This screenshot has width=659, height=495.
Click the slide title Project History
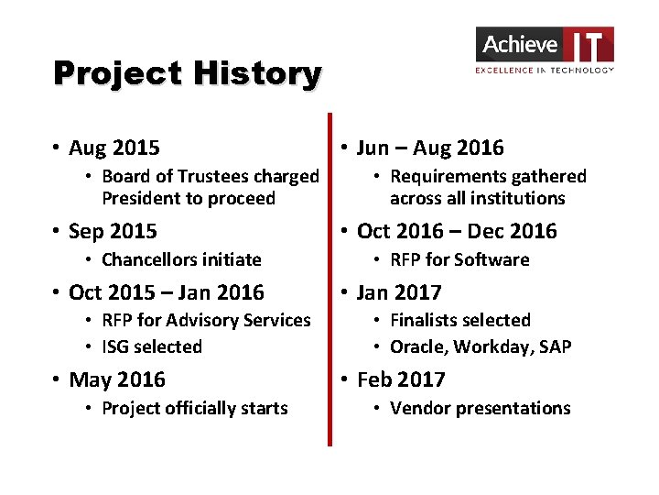click(187, 73)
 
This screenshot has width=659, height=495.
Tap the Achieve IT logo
click(545, 49)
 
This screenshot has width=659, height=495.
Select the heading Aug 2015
click(113, 148)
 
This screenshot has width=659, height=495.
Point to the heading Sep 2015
click(113, 231)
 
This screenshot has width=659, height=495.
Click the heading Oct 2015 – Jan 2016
click(166, 292)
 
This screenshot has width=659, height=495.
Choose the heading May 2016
click(116, 379)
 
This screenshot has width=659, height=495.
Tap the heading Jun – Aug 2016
click(429, 148)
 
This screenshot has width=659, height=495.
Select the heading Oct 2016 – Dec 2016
click(456, 231)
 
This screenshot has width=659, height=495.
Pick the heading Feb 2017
click(400, 379)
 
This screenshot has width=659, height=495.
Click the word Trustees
click(213, 176)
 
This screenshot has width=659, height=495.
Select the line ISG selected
click(152, 346)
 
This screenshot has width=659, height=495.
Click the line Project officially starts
click(194, 408)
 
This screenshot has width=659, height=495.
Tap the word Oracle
click(417, 346)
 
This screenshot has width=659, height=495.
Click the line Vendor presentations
click(480, 408)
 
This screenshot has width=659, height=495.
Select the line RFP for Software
click(459, 259)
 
